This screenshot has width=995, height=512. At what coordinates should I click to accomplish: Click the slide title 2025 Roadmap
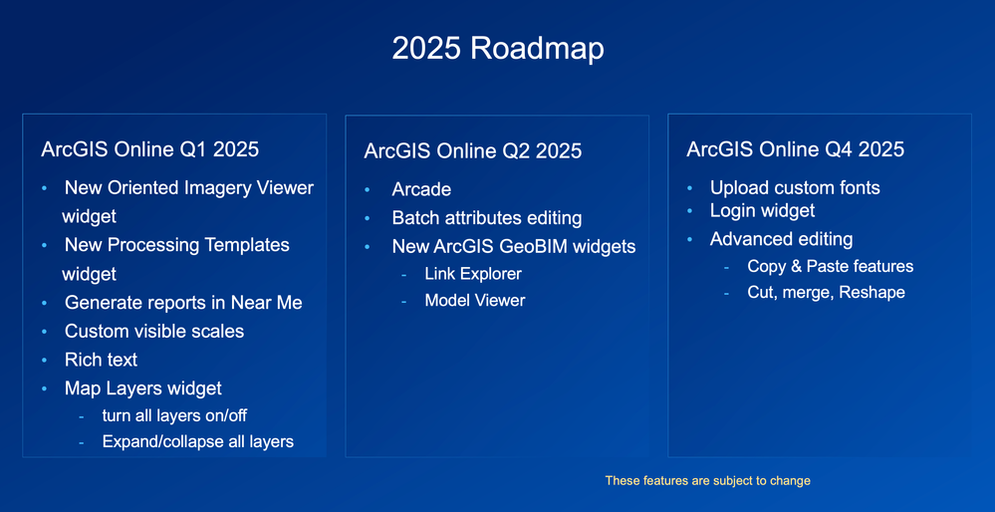point(497,48)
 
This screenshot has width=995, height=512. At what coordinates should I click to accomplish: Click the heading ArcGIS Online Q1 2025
point(150,149)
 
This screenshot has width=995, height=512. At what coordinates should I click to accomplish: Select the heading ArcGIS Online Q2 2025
point(473,151)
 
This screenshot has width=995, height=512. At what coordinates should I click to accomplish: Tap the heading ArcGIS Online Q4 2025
point(796,149)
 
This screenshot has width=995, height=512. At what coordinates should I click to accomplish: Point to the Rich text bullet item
point(101,360)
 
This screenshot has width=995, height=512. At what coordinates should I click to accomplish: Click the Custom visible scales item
point(154,331)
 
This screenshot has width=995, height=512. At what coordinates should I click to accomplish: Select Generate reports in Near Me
point(183,303)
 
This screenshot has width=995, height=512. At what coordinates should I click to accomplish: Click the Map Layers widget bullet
point(143,388)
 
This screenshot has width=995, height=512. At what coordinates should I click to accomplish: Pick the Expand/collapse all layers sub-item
point(198,441)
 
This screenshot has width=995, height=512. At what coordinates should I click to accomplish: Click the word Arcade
point(421,189)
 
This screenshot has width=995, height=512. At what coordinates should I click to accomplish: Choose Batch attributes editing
point(487,218)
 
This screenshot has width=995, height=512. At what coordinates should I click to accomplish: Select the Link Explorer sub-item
point(473,274)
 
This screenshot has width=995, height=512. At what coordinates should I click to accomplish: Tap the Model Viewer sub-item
point(475,300)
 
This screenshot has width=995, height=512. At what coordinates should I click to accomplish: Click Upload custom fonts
point(795,187)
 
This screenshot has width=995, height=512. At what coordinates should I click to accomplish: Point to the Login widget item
point(762,210)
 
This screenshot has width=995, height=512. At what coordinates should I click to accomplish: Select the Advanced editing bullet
point(781,239)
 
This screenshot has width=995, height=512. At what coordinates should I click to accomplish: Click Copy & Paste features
point(831,266)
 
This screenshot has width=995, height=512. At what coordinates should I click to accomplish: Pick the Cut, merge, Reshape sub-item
point(826,292)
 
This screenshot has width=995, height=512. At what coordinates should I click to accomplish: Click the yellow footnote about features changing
point(708,481)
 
